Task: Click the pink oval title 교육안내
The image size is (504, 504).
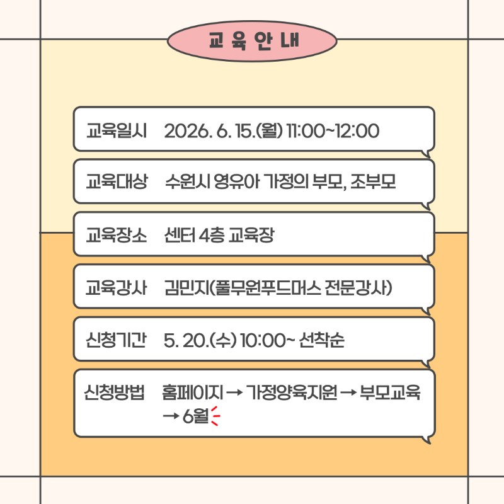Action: coord(252,41)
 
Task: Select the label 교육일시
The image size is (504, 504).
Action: coord(117,131)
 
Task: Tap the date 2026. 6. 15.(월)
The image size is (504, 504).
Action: coord(224,131)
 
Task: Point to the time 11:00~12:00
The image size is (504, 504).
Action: coord(333,131)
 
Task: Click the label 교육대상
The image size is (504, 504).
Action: coord(117,181)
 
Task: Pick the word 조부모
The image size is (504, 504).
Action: coord(373,181)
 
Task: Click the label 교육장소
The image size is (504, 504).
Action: coord(117,234)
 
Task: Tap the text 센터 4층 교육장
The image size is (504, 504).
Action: coord(219,234)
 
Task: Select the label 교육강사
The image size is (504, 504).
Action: coord(117,287)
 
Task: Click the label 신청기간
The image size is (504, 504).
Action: coord(116,340)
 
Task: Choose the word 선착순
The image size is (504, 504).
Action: coord(321,340)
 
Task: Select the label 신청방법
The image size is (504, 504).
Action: coord(114,392)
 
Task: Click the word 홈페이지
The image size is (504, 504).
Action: coord(192,392)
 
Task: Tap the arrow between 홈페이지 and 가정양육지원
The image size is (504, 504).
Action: coord(234,392)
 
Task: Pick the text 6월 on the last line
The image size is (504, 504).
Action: coord(195,416)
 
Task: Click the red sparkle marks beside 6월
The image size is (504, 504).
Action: coord(215,416)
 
